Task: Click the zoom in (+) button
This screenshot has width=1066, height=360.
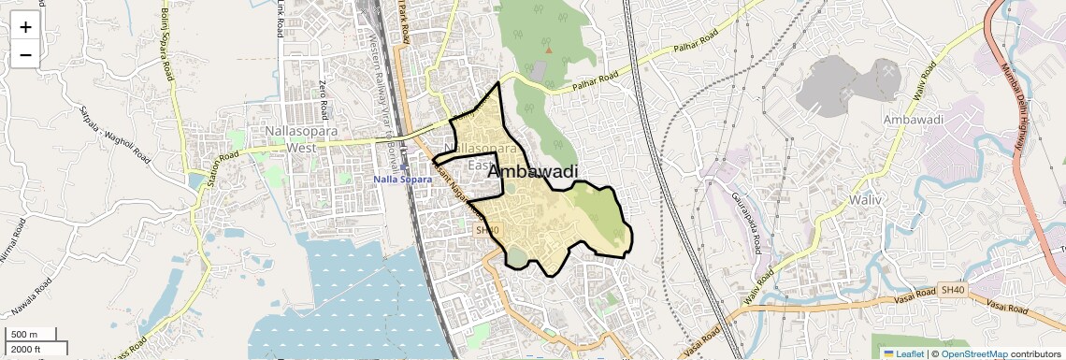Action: click(x=25, y=27)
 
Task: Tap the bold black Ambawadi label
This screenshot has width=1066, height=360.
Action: click(x=532, y=171)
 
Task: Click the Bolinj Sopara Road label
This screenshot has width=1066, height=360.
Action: click(x=166, y=44)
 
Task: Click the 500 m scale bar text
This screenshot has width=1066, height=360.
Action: click(x=24, y=335)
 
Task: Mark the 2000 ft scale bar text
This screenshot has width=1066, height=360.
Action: click(x=26, y=350)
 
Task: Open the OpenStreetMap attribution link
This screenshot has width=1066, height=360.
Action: click(x=973, y=353)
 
